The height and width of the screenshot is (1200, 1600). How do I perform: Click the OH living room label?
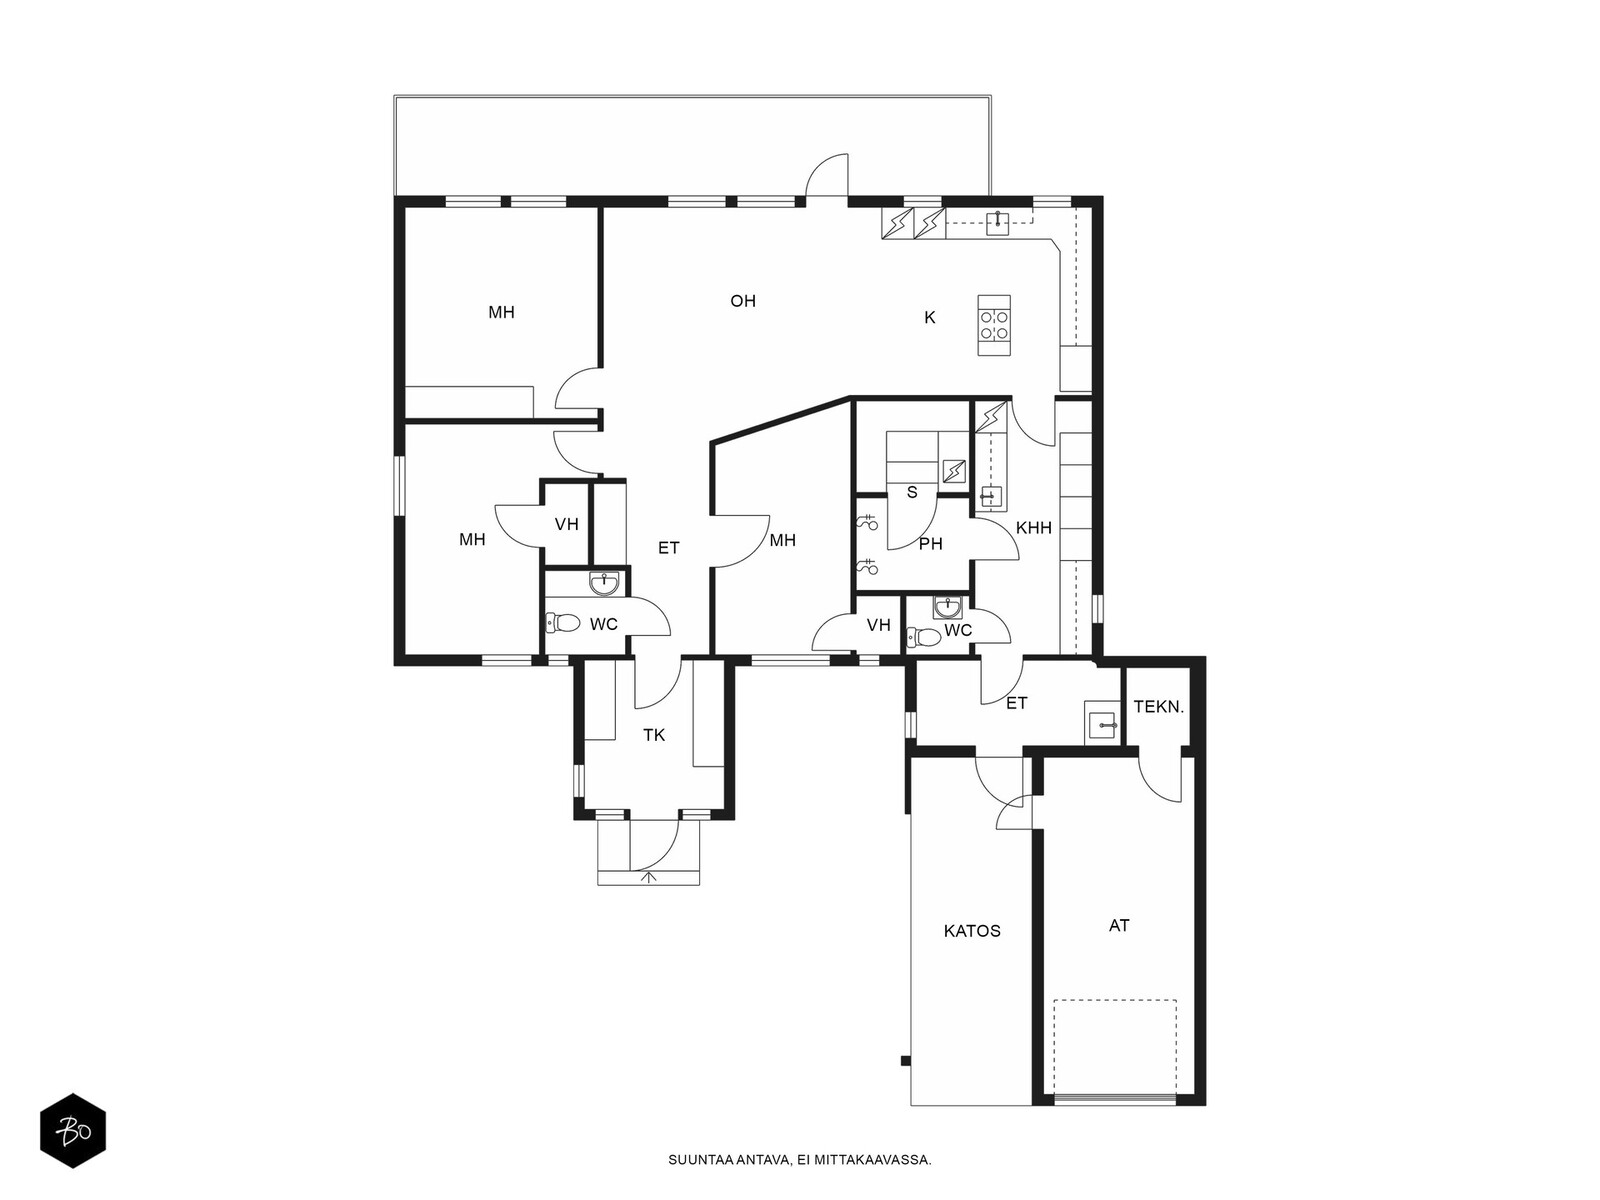(x=742, y=301)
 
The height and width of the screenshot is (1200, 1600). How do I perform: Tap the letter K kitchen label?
(x=929, y=318)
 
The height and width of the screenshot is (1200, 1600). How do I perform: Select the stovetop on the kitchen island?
(x=994, y=325)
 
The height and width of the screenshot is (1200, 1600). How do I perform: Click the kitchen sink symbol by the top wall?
(x=997, y=223)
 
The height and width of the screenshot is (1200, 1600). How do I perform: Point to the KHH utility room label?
(x=1034, y=528)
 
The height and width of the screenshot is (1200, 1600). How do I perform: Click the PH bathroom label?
(x=931, y=544)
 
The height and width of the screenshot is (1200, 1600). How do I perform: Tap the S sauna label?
(x=912, y=493)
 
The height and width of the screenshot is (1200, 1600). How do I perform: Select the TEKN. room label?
(x=1159, y=707)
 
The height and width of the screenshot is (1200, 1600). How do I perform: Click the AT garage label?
(x=1119, y=926)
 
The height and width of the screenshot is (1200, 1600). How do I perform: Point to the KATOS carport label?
(x=972, y=931)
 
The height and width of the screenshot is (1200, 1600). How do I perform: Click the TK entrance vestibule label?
(x=654, y=736)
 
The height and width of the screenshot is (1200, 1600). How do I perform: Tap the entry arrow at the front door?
(x=648, y=878)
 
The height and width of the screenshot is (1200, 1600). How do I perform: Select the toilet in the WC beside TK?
(x=562, y=623)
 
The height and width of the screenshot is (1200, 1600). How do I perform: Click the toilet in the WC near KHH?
(x=924, y=638)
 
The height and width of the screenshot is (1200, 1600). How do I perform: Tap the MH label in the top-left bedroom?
(x=502, y=313)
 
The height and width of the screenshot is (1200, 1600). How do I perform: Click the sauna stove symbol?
(x=953, y=471)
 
